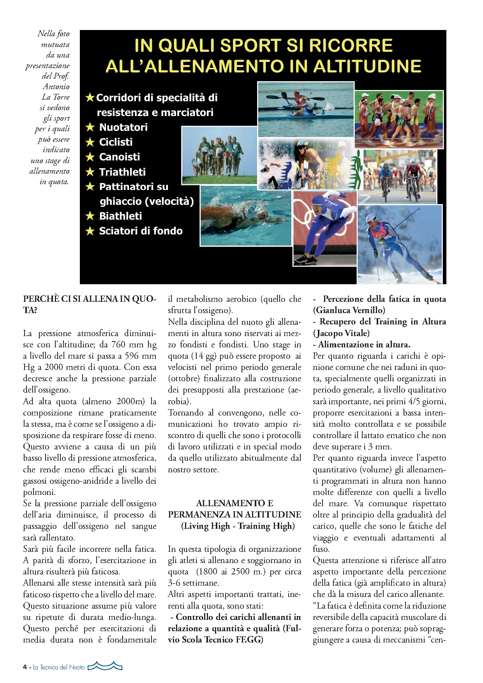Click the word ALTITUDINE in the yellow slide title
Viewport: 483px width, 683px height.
point(367,66)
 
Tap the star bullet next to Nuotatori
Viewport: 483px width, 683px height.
point(90,127)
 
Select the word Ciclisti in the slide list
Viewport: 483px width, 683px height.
point(116,142)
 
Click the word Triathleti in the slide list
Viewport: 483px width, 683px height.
point(122,172)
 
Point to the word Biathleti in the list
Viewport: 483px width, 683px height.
point(120,216)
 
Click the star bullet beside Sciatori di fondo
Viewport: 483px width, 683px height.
point(90,231)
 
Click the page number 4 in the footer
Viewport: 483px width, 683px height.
point(25,667)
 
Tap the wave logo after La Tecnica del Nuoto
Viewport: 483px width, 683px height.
point(105,666)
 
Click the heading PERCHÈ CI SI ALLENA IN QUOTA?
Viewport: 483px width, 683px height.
point(90,305)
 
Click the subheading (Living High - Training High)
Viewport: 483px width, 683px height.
point(238,526)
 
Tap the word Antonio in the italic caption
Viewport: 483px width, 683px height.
point(56,86)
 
